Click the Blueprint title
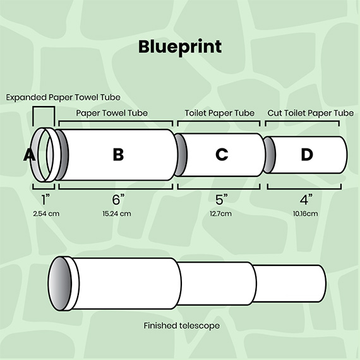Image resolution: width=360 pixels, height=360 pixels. coord(180,47)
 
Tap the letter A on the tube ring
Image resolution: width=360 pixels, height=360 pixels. coord(30,155)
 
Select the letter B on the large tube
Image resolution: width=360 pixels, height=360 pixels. coord(118,154)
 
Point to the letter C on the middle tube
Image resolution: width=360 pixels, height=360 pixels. coord(222,154)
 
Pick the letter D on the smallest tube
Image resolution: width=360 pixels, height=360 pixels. coord(307,154)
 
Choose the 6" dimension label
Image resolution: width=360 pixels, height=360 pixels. coord(118,200)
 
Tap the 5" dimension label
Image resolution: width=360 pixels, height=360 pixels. coord(222,200)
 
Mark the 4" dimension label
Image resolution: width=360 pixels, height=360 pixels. coord(306,200)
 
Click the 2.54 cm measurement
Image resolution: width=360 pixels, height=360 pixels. coord(46,213)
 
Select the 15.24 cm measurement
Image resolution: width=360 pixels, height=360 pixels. coord(117,213)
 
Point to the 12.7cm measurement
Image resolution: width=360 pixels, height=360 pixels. coord(220,213)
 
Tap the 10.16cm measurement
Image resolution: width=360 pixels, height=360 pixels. coord(305,213)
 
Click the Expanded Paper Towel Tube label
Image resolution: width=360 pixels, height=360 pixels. coord(63,97)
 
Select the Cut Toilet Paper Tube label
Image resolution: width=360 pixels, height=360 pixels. coord(310,113)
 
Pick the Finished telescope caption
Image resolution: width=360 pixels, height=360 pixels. coord(182,325)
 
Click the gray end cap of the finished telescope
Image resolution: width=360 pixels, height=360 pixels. coord(59,284)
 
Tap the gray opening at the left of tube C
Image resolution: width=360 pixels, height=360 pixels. coord(181,155)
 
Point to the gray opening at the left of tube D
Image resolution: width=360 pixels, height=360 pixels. coord(269,155)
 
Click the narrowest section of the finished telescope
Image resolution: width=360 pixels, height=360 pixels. coord(290,284)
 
